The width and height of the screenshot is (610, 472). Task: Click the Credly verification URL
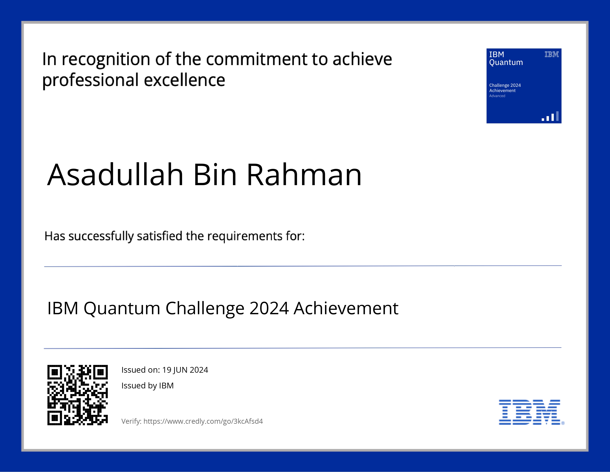[x=203, y=421]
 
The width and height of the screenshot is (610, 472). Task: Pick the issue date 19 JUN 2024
[x=185, y=370]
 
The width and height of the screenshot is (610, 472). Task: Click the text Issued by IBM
[x=148, y=385]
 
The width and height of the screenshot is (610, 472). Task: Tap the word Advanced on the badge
[x=497, y=96]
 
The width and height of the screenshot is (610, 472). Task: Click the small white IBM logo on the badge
[x=552, y=54]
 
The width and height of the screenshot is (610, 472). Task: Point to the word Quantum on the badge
[x=506, y=63]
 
